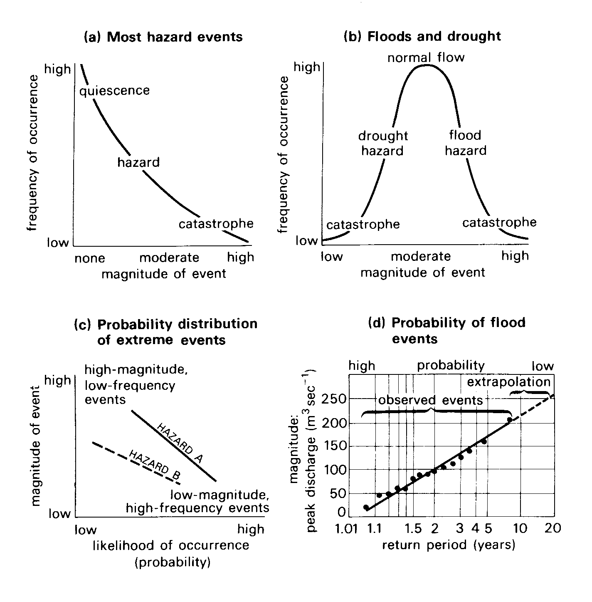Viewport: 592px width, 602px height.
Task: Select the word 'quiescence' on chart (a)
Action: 115,90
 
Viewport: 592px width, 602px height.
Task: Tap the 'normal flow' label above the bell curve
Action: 426,57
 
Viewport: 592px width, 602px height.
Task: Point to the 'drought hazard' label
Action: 383,143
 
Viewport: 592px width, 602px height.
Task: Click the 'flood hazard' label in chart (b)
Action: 465,143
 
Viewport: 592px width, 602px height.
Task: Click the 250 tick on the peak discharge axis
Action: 334,399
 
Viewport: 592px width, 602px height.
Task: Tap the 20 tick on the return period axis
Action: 553,528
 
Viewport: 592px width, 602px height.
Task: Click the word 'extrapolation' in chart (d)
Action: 508,382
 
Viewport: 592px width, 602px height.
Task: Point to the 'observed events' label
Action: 431,400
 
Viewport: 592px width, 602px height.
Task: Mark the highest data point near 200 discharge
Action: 510,420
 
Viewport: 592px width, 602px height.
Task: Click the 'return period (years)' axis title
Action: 449,545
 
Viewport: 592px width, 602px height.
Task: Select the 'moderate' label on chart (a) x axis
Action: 169,258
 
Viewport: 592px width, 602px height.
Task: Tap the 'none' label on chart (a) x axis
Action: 90,258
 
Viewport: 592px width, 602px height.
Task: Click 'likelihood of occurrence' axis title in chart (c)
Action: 171,545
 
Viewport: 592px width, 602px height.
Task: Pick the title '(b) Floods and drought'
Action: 422,36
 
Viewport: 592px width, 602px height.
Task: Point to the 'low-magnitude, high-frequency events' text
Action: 197,501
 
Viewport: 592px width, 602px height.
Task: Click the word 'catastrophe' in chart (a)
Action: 216,224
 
